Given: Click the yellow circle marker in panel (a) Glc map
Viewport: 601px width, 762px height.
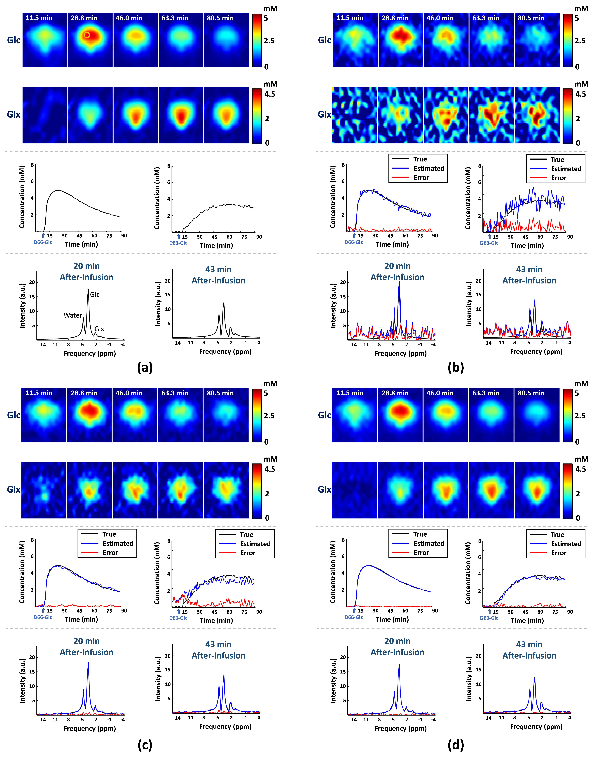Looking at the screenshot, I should [87, 35].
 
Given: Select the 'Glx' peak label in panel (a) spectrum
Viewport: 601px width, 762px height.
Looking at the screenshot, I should [99, 329].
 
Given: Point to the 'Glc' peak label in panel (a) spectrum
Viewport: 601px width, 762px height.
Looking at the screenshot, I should [95, 295].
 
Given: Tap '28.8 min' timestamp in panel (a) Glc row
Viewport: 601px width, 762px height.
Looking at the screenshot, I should [84, 18].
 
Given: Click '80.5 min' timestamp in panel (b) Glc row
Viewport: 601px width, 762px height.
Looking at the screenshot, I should [531, 18].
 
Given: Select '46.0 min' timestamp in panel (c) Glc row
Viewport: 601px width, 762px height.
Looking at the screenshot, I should [129, 393].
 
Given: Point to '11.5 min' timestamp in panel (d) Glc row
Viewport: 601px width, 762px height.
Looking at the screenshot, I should [350, 393].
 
